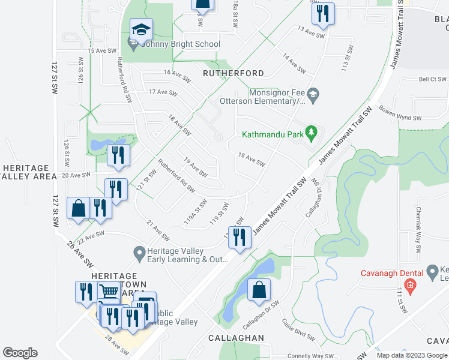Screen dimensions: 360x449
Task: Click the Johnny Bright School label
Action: (x=181, y=44)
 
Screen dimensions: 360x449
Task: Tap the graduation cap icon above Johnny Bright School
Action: (x=141, y=29)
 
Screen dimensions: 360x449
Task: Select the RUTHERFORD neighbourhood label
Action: (x=233, y=73)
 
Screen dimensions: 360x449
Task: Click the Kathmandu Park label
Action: (x=273, y=134)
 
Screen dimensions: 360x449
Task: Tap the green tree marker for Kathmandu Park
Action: (x=311, y=132)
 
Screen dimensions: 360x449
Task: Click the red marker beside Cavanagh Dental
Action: (x=410, y=284)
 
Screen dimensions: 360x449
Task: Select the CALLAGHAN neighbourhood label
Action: (x=236, y=338)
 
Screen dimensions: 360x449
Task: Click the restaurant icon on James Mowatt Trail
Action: (x=240, y=238)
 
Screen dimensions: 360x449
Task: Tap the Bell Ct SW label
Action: (x=432, y=79)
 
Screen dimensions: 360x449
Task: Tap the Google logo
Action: (x=20, y=353)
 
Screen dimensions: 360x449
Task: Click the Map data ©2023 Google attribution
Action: (x=412, y=355)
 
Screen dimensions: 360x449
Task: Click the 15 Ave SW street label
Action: (x=101, y=51)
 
